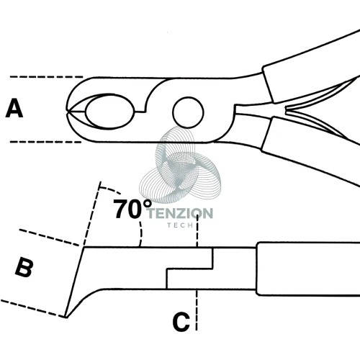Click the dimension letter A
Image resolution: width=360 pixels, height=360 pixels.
[14, 109]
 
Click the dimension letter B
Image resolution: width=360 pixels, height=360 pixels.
[24, 268]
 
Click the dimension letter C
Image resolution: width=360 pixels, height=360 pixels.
[181, 322]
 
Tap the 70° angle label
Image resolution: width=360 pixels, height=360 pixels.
[132, 209]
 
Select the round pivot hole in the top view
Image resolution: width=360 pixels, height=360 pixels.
[188, 112]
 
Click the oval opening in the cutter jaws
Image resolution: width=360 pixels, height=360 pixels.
[109, 112]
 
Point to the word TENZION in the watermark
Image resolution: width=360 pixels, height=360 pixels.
[181, 214]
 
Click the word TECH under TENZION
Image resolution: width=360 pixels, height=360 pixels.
[180, 225]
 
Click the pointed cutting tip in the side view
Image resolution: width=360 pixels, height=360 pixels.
[66, 317]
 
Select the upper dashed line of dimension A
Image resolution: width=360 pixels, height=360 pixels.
[46, 77]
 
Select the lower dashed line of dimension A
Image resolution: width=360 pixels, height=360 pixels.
[45, 142]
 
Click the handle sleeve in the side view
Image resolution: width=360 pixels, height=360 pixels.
[308, 269]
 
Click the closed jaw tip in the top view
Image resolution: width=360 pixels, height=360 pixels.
[68, 112]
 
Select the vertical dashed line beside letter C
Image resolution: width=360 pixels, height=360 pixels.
[197, 310]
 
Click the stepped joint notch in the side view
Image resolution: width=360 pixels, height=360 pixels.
[189, 269]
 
